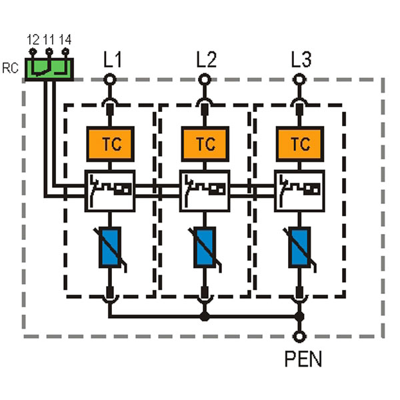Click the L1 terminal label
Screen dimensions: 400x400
113,59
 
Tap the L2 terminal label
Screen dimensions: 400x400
207,59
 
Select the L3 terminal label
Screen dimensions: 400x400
301,59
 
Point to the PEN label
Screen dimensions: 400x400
303,359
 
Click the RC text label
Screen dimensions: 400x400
10,68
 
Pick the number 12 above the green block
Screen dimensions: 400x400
33,40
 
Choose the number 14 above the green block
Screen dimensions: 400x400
65,40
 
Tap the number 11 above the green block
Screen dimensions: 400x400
49,40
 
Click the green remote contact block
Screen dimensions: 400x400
49,69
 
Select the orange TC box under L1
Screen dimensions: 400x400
111,144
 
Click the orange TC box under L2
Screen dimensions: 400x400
205,144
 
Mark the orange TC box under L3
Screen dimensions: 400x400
300,144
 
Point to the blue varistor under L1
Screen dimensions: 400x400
110,247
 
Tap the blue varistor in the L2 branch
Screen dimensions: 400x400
205,247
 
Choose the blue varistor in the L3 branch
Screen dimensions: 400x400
299,247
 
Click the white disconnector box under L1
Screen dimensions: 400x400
110,191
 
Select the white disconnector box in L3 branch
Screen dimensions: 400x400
299,191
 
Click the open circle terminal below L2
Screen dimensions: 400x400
205,79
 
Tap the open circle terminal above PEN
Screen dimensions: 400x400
299,337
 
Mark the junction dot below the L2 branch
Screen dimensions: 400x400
205,317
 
